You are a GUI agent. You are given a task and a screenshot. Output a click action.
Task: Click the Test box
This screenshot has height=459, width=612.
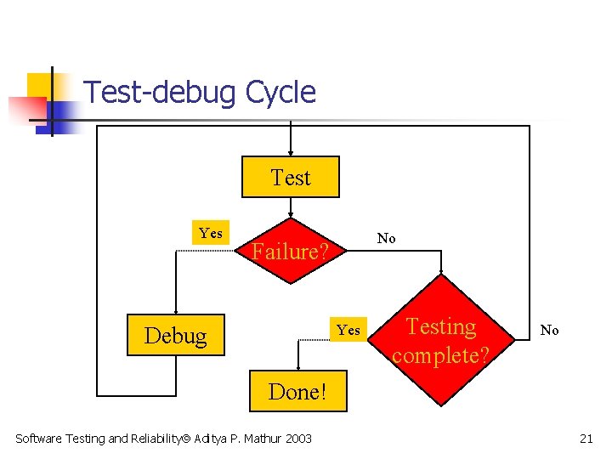coord(291,178)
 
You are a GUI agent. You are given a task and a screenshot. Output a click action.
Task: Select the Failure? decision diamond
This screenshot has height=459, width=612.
coord(291,252)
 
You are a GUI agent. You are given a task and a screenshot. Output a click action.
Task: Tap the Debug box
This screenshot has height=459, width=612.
coord(176,336)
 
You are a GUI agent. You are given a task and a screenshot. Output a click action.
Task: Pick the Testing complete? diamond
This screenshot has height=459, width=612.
coord(441,340)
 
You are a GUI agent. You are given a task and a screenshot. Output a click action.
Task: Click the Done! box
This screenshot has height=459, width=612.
coord(297,392)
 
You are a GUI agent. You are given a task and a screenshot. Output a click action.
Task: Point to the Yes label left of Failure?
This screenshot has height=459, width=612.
coord(211,233)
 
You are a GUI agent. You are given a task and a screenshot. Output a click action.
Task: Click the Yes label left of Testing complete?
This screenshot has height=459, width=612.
coord(348,330)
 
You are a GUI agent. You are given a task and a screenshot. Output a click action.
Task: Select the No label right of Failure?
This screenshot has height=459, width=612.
coord(387,238)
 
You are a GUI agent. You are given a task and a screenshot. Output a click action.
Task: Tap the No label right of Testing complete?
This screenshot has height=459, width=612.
coord(550,330)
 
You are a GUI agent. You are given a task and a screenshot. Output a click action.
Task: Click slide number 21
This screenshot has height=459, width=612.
coord(586,439)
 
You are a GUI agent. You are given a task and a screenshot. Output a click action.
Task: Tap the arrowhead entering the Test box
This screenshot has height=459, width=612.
coord(291,152)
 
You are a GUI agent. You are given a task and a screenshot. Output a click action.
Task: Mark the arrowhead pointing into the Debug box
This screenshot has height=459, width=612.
coord(176,312)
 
